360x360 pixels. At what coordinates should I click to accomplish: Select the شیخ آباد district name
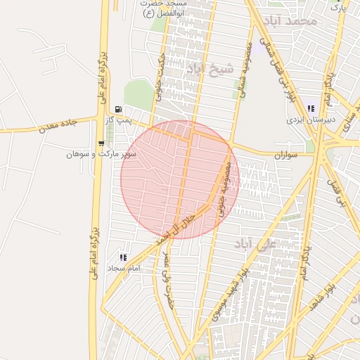pos(209,69)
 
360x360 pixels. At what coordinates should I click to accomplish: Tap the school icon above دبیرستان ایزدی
pos(311,109)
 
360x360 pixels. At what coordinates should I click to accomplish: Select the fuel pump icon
pos(117,109)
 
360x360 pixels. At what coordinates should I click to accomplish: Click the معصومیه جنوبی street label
pos(223,188)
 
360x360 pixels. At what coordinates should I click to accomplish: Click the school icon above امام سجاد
pos(124,258)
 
